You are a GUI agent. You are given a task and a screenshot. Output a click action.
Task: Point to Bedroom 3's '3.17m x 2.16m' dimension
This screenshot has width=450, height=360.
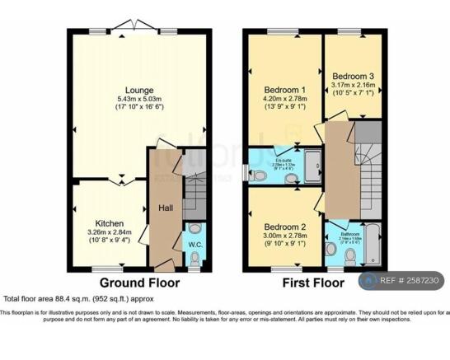coord(353,84)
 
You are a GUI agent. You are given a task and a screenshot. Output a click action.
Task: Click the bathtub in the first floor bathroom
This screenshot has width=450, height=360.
coord(373,244)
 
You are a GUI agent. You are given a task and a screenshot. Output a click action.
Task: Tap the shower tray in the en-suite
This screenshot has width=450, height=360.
coord(312,165)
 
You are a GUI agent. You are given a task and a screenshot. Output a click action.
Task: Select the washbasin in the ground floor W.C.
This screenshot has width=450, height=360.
coord(195,227)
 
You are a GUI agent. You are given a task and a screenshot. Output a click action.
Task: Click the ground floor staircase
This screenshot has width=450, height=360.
coord(194,197)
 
